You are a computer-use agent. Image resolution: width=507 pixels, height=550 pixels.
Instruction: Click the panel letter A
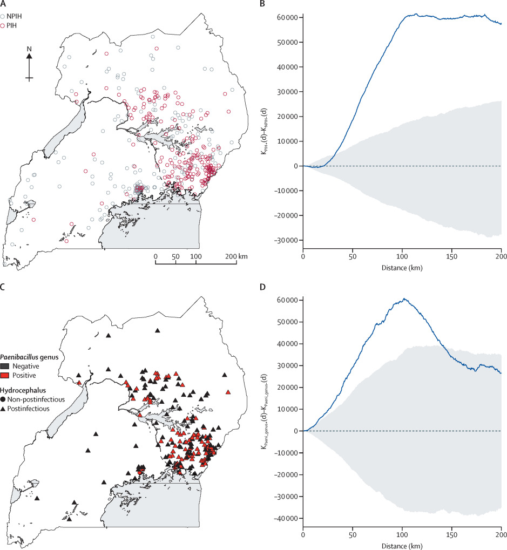click(3, 4)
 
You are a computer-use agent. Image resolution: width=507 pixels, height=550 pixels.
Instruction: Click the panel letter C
click(3, 287)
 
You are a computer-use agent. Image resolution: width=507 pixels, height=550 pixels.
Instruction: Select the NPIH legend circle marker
click(3, 17)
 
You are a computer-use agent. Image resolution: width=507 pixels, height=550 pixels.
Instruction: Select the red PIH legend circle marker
click(3, 25)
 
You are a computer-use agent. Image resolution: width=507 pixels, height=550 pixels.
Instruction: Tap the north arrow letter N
click(30, 49)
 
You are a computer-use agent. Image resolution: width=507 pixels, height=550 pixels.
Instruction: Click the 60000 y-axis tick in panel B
click(286, 18)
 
